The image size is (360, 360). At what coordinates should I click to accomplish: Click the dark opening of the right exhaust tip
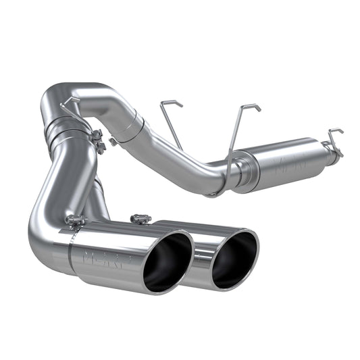pyautogui.click(x=233, y=258)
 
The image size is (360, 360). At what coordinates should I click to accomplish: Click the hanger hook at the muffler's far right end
pyautogui.click(x=333, y=141)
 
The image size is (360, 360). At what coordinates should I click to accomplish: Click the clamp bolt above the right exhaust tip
pyautogui.click(x=141, y=219)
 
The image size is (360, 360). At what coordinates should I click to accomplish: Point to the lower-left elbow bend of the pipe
pyautogui.click(x=47, y=233)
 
